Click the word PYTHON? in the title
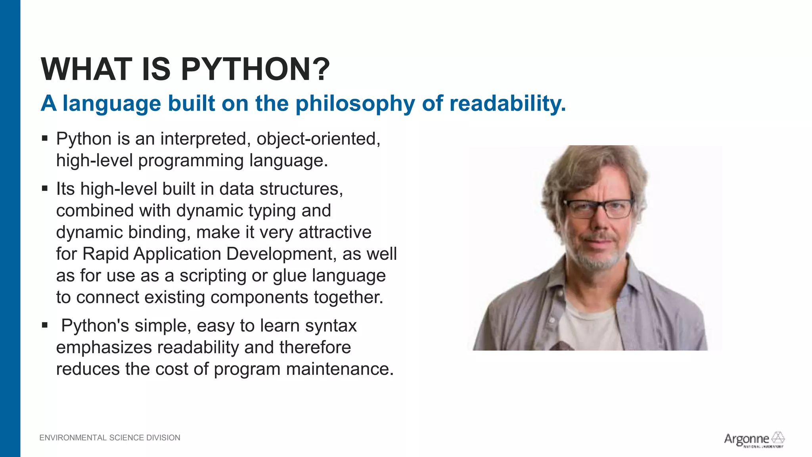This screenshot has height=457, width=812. pyautogui.click(x=255, y=69)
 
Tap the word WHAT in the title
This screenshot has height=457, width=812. pyautogui.click(x=86, y=69)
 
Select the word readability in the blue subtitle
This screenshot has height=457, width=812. pyautogui.click(x=507, y=104)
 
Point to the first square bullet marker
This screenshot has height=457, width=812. pyautogui.click(x=45, y=138)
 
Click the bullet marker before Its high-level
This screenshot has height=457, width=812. pyautogui.click(x=45, y=188)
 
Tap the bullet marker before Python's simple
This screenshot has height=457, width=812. pyautogui.click(x=45, y=325)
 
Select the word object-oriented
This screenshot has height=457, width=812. pyautogui.click(x=318, y=139)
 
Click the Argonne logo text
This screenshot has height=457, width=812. pyautogui.click(x=746, y=439)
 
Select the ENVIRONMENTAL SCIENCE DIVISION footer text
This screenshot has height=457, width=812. pyautogui.click(x=110, y=438)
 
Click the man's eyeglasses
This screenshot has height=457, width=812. pyautogui.click(x=599, y=208)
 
